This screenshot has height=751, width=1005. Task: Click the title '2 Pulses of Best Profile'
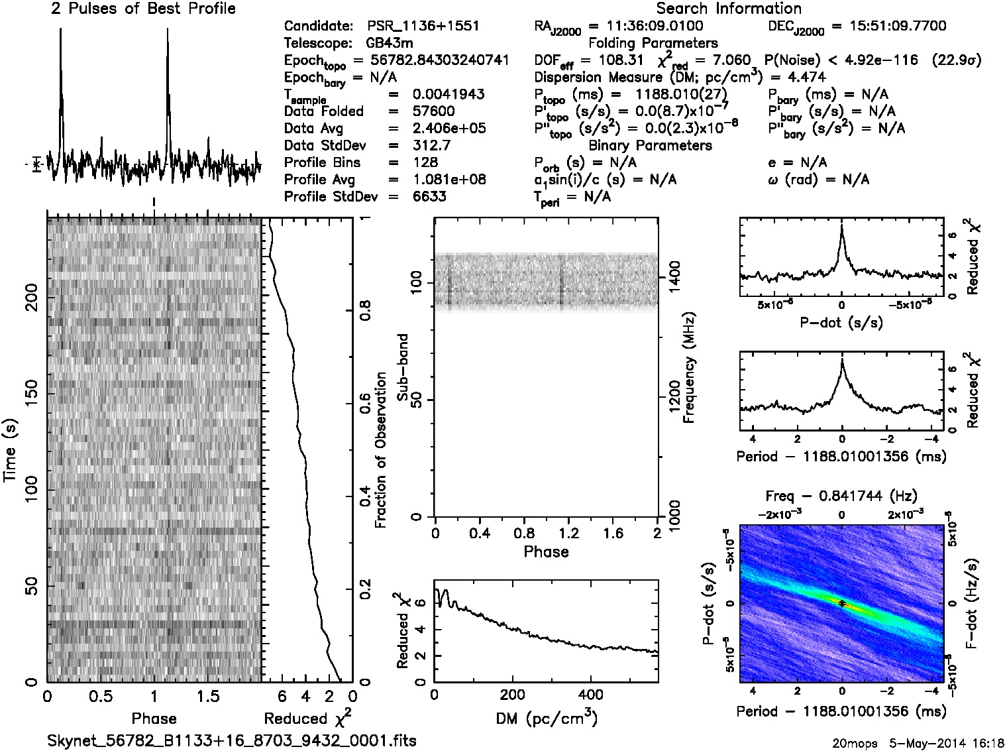pyautogui.click(x=143, y=9)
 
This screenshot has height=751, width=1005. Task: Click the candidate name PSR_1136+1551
pyautogui.click(x=423, y=27)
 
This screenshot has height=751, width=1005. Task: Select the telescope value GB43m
pyautogui.click(x=390, y=44)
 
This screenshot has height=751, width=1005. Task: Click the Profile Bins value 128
pyautogui.click(x=425, y=163)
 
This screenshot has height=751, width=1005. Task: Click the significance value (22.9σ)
pyautogui.click(x=956, y=60)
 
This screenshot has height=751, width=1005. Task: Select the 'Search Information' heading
pyautogui.click(x=729, y=9)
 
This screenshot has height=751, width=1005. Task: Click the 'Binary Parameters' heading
pyautogui.click(x=650, y=146)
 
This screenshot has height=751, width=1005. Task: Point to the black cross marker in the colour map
pyautogui.click(x=841, y=603)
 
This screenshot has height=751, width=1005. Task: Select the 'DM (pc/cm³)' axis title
pyautogui.click(x=546, y=718)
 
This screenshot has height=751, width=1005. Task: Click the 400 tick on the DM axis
pyautogui.click(x=591, y=695)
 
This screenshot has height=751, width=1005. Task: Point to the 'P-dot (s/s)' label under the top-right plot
pyautogui.click(x=841, y=323)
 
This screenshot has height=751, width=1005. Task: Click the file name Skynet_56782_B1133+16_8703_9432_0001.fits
pyautogui.click(x=232, y=740)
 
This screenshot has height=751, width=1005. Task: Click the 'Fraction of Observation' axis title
pyautogui.click(x=380, y=450)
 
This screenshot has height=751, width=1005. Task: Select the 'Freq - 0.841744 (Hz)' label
pyautogui.click(x=841, y=496)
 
